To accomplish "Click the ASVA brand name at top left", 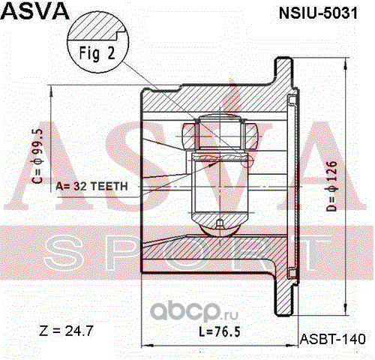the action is [x=35, y=10].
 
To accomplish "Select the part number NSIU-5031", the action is [x=318, y=13].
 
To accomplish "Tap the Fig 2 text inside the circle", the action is [x=97, y=53].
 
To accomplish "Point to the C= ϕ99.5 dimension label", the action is [x=37, y=156].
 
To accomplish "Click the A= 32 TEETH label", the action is [x=91, y=187].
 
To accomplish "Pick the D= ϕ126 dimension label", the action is [x=331, y=186].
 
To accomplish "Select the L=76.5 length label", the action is [x=220, y=331].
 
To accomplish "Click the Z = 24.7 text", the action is [x=66, y=331].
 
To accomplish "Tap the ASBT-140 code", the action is [x=332, y=339].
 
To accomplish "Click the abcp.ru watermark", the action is [x=193, y=311].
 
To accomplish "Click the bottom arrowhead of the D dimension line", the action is [x=345, y=310].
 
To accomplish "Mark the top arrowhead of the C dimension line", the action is [x=51, y=90].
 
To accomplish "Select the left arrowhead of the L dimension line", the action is [x=148, y=346].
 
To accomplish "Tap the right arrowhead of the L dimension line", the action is [x=292, y=346].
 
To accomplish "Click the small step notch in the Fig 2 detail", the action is [x=120, y=34].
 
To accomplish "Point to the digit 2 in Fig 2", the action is [x=111, y=52].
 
